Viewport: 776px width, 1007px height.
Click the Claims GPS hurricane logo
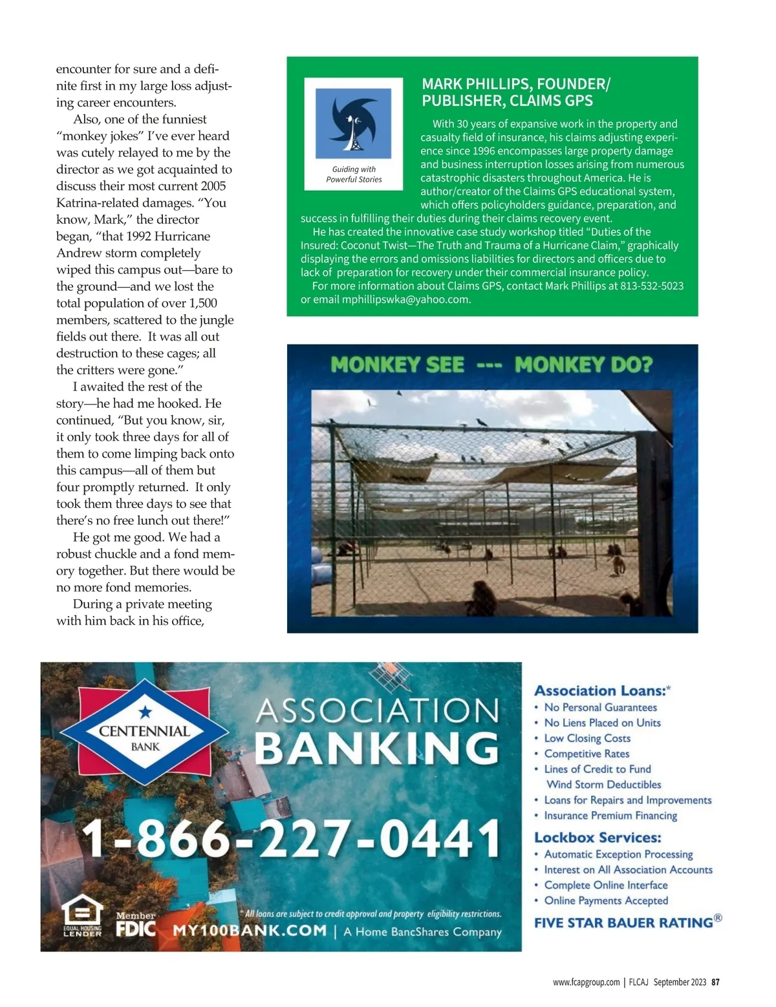coord(353,123)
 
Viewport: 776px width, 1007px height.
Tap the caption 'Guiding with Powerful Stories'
coord(354,175)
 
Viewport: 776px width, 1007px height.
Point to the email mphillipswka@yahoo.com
coord(405,299)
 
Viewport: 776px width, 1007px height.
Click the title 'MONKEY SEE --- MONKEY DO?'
coord(491,365)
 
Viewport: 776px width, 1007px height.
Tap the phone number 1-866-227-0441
coord(291,839)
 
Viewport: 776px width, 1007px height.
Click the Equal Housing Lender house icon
coord(82,913)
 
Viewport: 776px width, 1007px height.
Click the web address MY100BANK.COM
coord(250,931)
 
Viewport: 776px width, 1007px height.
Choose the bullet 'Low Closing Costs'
coord(587,738)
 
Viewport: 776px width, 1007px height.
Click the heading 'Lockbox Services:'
coord(598,838)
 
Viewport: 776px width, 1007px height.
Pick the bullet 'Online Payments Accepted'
coord(606,900)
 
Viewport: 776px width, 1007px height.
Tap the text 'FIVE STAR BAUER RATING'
coord(623,922)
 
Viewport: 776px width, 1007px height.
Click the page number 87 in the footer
coord(715,982)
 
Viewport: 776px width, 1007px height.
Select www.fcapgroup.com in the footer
coord(586,982)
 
